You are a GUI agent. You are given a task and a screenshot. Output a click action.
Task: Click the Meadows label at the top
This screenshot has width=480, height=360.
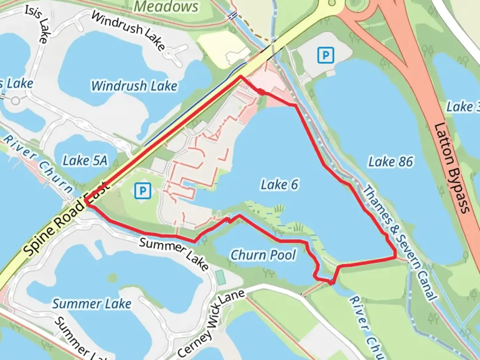coord(166,7)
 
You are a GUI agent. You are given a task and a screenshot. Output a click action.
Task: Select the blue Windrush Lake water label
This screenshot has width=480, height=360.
coord(134,86)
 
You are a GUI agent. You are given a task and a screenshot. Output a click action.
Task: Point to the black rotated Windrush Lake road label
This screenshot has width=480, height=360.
coord(128,30)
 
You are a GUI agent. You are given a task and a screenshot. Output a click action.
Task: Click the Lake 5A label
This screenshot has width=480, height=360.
coord(85,161)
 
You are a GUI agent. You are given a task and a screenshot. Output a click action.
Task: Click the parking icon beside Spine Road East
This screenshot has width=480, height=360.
coord(143,191)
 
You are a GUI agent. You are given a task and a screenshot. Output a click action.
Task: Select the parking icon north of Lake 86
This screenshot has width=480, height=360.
coord(325,55)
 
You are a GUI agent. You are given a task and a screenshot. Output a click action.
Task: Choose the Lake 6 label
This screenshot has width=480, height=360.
coord(279,185)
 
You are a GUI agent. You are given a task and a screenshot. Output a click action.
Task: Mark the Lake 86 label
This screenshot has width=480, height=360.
coord(390,162)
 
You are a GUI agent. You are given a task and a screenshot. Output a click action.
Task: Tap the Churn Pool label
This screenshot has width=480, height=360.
coord(263,255)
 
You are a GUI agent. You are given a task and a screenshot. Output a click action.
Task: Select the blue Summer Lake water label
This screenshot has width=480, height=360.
coord(92,304)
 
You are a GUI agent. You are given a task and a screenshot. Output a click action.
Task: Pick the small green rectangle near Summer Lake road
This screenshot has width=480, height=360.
coord(220,277)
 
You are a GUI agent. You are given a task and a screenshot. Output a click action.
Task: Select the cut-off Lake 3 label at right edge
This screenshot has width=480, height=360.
coord(463,107)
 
